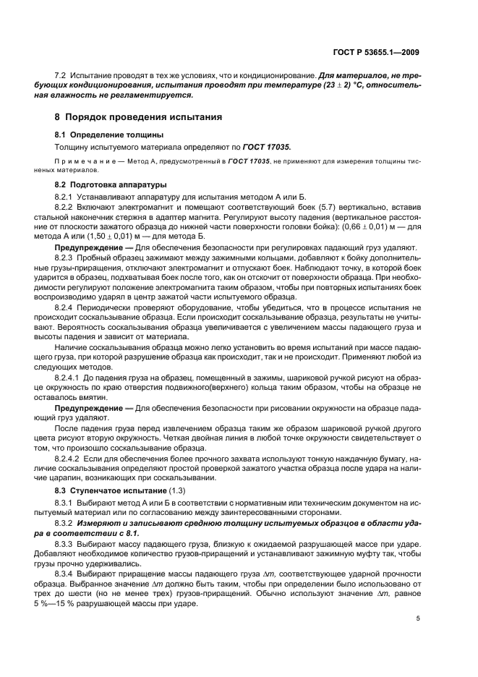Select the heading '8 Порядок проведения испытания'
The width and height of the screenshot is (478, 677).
tap(139, 116)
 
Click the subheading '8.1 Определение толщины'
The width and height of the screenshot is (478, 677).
tap(109, 135)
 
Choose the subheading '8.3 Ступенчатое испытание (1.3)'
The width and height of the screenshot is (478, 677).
tap(119, 491)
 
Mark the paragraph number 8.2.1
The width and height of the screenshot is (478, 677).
tap(67, 197)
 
